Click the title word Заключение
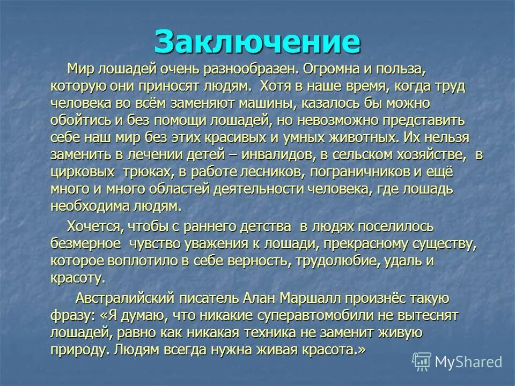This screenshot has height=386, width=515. click(x=257, y=41)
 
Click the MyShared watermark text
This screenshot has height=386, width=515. click(x=468, y=361)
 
